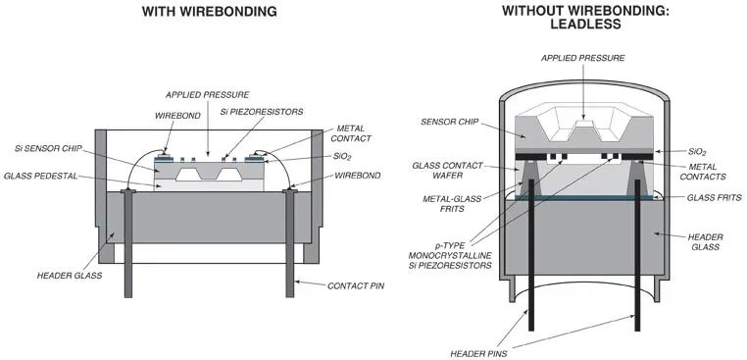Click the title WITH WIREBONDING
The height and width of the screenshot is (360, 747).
point(210,12)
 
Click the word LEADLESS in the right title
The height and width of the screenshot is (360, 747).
point(585,24)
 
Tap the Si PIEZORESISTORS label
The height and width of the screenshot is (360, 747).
point(262,112)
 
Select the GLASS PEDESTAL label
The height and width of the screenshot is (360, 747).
point(40,176)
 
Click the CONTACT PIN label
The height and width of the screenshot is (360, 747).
point(356,286)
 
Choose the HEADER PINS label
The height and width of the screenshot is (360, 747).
point(478,354)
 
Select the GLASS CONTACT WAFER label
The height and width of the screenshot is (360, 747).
point(447,171)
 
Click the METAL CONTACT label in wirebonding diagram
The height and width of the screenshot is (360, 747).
point(354,133)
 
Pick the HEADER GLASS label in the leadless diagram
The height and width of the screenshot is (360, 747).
point(706,241)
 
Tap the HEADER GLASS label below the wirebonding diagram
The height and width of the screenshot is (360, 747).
point(70,276)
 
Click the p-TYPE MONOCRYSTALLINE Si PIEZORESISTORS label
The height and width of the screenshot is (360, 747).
point(450,255)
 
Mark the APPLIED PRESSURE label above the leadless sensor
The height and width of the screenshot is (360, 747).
point(582,58)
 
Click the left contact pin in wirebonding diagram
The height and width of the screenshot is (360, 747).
point(128,243)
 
